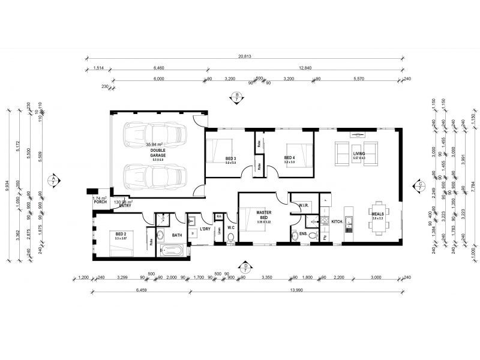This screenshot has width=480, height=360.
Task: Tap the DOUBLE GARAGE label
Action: click(x=158, y=153)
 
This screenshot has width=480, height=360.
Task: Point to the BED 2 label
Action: click(x=121, y=233)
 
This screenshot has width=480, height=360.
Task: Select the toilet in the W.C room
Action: click(x=231, y=237)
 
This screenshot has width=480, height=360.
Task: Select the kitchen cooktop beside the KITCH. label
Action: click(x=325, y=221)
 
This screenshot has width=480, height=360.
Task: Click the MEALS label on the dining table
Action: click(x=377, y=214)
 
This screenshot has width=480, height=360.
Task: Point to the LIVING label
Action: click(x=359, y=154)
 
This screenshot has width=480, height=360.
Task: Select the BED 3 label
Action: click(x=214, y=158)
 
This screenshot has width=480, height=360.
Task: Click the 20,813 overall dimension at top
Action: click(x=244, y=56)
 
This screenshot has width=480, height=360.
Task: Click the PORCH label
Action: click(x=99, y=202)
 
